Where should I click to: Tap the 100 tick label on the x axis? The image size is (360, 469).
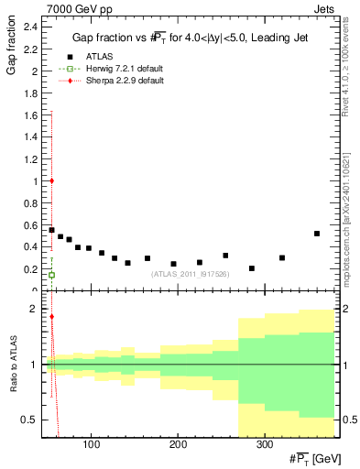[x=91, y=445]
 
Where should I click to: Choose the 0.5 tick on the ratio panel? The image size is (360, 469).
[x=31, y=420]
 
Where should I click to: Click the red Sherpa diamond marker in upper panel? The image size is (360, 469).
[x=51, y=180]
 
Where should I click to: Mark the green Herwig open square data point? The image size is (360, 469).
[x=51, y=275]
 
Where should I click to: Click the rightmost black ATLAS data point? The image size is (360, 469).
[x=317, y=234]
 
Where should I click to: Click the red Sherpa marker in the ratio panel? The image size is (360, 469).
[x=51, y=317]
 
